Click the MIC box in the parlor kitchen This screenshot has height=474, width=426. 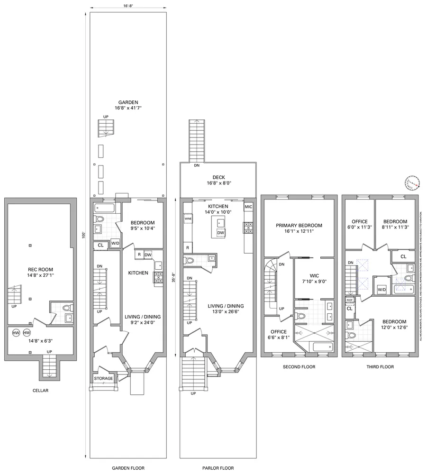(249, 207)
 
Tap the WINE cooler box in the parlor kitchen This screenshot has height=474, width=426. (188, 219)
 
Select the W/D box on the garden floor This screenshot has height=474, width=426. (115, 244)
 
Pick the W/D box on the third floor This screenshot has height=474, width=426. (382, 289)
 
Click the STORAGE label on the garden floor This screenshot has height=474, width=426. (103, 378)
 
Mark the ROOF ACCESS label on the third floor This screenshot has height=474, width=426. (350, 301)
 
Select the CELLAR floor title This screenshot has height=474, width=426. (40, 391)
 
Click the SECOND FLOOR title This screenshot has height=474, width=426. (299, 366)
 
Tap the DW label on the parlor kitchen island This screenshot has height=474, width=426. (220, 233)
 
